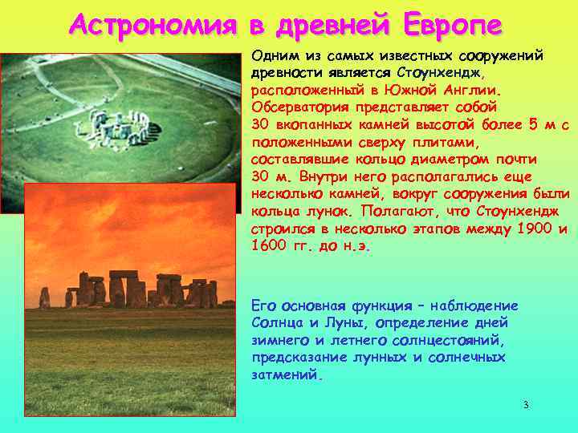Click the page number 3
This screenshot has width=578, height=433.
(526, 405)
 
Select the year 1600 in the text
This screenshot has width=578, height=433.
(269, 246)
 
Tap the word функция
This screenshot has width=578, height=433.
(384, 306)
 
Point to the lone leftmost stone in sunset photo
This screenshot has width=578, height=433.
(44, 298)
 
